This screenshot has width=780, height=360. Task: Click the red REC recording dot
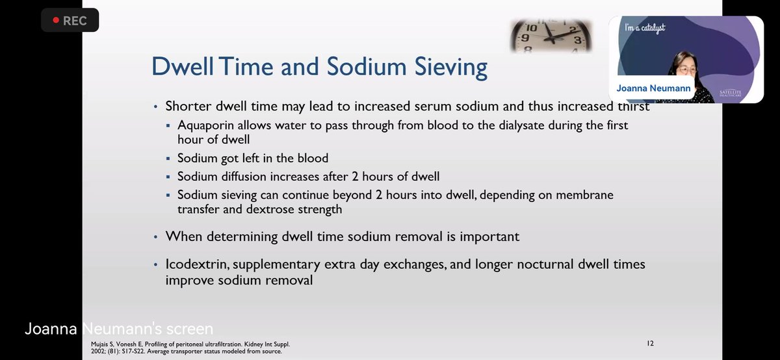[56, 20]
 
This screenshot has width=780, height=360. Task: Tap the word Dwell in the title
[183, 66]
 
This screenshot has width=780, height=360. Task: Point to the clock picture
[551, 36]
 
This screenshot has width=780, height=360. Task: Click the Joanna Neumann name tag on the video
[653, 88]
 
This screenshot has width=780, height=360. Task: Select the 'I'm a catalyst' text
[645, 27]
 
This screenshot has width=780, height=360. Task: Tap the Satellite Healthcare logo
[730, 93]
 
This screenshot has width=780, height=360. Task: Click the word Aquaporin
[205, 125]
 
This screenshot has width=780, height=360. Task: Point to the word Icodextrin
[197, 264]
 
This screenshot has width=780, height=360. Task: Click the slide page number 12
[650, 343]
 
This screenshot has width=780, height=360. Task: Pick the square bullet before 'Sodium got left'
[168, 159]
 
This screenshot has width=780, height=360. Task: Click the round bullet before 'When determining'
[155, 237]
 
